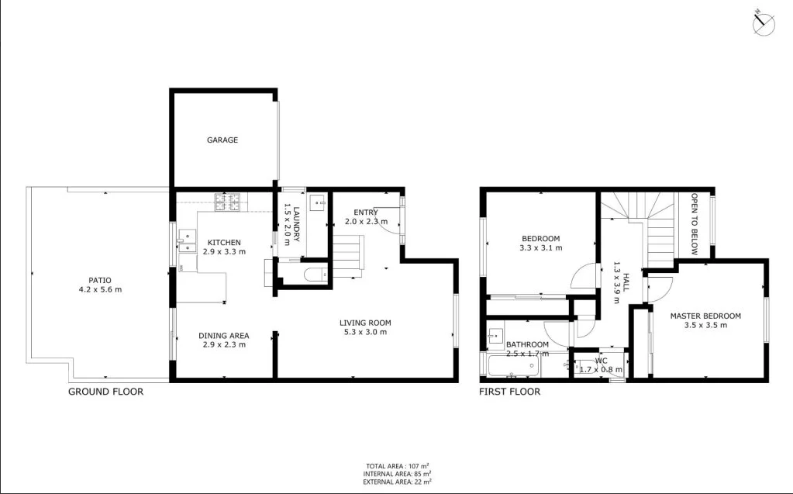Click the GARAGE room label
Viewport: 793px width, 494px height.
tap(222, 140)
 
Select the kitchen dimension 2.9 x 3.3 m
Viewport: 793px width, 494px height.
tap(223, 251)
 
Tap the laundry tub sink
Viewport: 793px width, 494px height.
tap(317, 202)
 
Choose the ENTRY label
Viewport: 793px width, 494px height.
tap(365, 212)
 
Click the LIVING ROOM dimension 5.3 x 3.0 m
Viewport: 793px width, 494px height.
tap(364, 332)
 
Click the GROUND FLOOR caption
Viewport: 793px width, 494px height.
tap(105, 392)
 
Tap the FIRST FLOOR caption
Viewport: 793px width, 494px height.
tap(509, 392)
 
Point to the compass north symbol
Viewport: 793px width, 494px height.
tap(764, 23)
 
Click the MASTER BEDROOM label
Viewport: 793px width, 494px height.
tap(705, 316)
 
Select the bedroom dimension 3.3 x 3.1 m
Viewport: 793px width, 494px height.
tap(540, 248)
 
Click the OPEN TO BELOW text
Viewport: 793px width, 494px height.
tap(695, 224)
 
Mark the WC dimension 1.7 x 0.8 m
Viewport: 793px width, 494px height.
tap(601, 370)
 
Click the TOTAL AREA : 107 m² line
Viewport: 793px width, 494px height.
tap(396, 465)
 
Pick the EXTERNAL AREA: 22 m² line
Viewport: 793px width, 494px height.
tap(396, 482)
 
